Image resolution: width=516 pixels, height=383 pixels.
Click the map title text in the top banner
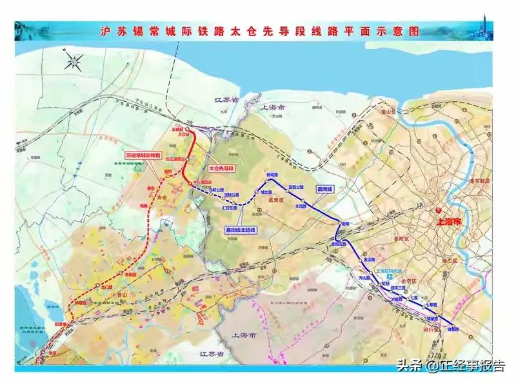click(258, 30)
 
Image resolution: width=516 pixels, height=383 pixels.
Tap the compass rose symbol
click(74, 63)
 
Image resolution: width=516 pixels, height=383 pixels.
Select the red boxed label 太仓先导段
click(222, 168)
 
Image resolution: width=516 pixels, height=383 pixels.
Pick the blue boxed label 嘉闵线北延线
click(240, 230)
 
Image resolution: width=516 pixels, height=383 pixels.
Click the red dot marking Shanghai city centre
click(437, 210)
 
